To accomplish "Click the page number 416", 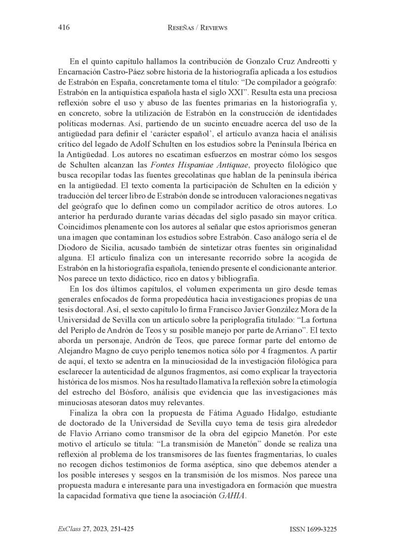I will [63, 28].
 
